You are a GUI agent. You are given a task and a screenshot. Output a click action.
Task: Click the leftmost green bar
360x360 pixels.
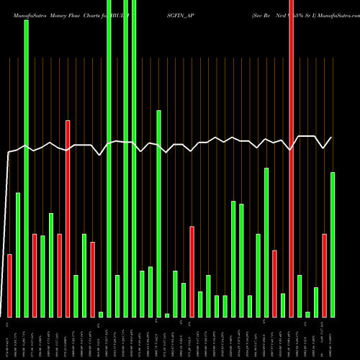click(18, 255)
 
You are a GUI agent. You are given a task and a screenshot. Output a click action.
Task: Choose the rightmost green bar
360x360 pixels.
click(333, 245)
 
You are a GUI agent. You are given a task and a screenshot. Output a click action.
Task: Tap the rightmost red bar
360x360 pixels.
click(324, 275)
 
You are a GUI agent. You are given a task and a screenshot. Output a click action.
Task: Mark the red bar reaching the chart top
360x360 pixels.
click(291, 158)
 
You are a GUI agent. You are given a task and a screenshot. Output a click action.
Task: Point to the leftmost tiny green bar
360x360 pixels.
click(101, 314)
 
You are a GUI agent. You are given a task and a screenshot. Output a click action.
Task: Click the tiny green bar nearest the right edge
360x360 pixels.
click(307, 314)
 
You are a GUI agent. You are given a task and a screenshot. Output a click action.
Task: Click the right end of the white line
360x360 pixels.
click(332, 138)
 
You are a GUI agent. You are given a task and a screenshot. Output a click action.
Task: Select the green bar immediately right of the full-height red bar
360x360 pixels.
click(300, 296)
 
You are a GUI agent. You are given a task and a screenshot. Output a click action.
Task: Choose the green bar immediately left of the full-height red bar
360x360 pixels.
click(283, 305)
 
